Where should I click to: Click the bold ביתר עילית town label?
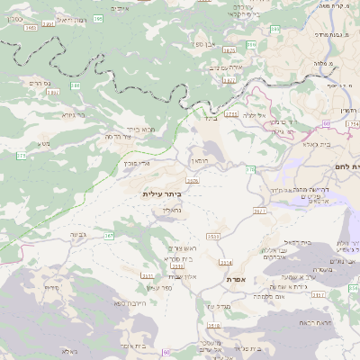[162, 193]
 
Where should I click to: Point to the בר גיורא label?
[73, 115]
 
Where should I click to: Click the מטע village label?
[44, 144]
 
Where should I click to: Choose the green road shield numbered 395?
[96, 18]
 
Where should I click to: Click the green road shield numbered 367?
[110, 236]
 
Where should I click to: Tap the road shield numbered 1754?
[232, 114]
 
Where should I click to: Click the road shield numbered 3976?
[192, 182]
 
